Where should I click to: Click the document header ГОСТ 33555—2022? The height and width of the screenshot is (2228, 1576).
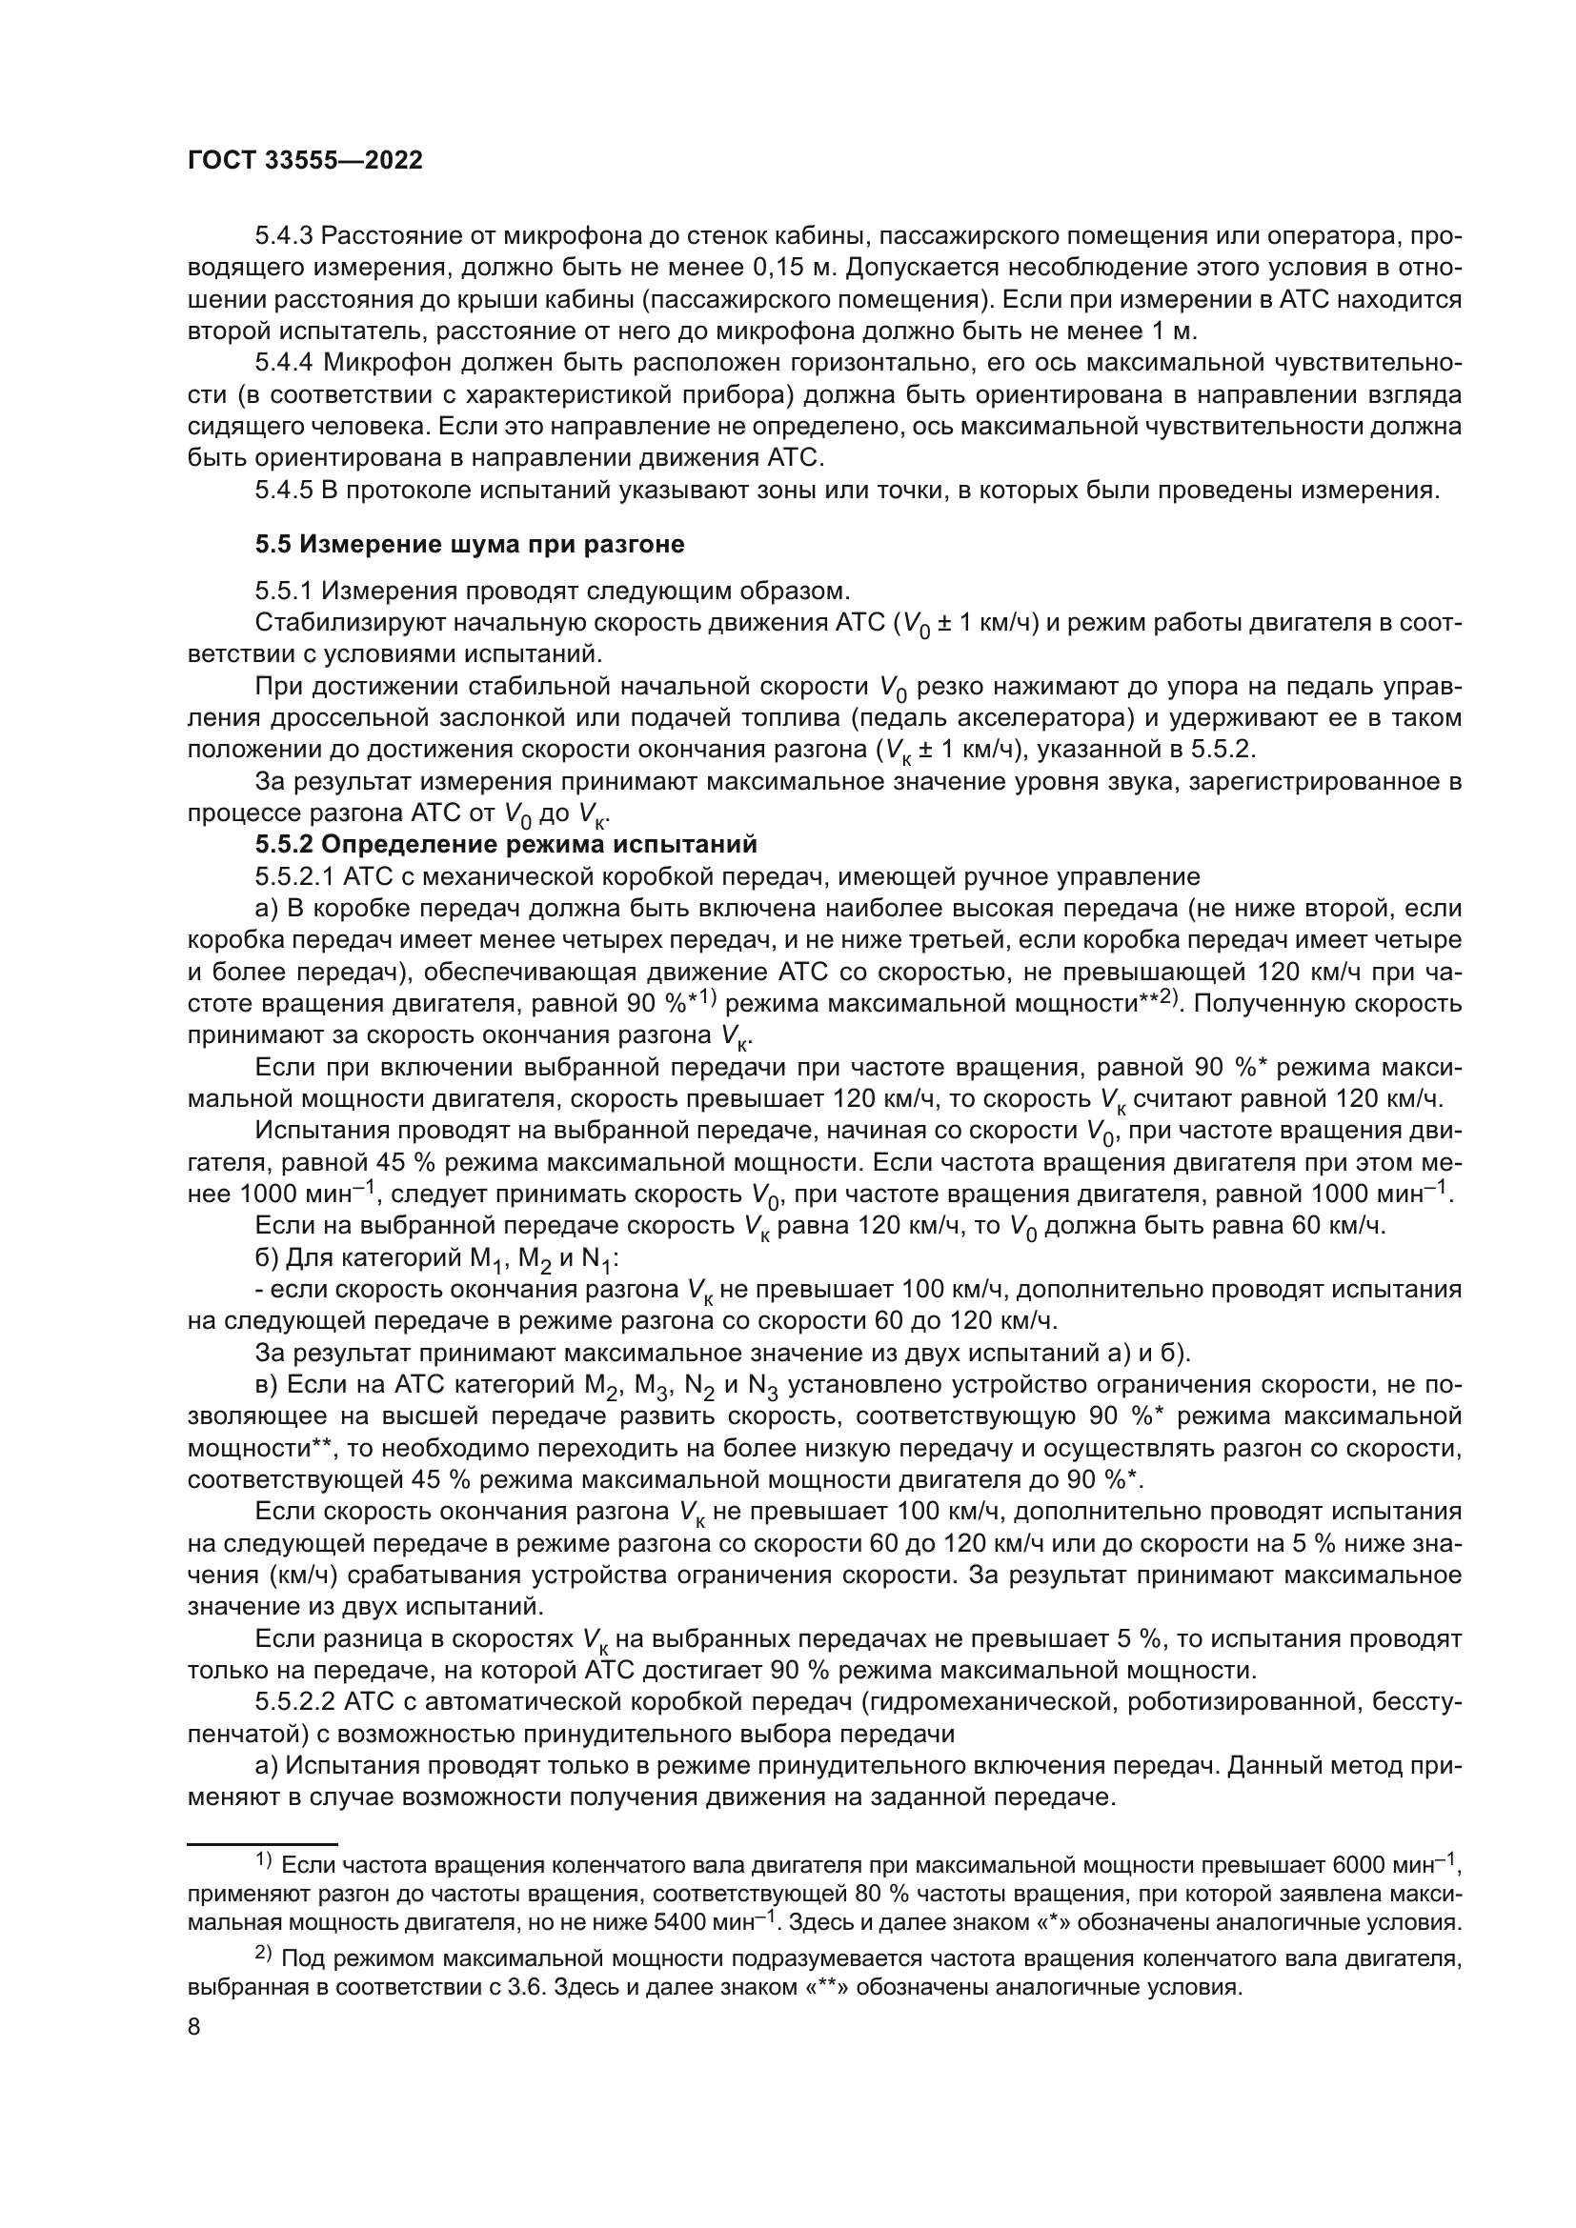point(305,161)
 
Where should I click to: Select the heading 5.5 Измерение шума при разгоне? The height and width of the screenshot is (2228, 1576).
point(470,545)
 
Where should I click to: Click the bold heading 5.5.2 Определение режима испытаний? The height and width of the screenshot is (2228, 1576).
point(506,843)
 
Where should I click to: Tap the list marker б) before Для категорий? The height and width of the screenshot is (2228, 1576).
point(267,1258)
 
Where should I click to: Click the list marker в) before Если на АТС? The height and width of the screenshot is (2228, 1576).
point(267,1386)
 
